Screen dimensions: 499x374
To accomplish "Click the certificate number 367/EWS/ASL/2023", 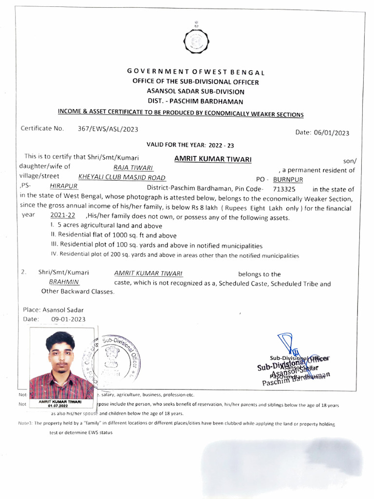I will pos(108,129).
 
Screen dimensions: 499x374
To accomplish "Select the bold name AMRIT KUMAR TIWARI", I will pos(212,160).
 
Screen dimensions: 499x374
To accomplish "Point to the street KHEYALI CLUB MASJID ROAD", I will pos(121,177).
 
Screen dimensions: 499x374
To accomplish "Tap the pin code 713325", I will pos(284,189).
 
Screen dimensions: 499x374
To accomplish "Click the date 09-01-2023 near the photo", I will pos(68,319).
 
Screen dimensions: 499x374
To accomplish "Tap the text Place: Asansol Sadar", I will pos(53,309).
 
